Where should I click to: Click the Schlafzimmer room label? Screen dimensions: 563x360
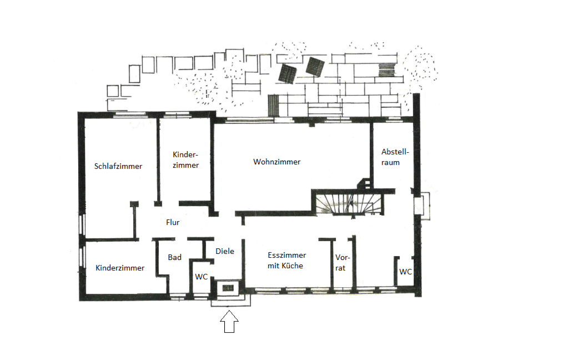118,166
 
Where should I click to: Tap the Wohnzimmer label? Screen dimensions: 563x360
277,162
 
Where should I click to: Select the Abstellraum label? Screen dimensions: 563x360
395,157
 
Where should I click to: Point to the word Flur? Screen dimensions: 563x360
173,222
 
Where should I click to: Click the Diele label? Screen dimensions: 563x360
225,251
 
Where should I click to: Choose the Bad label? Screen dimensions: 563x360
174,257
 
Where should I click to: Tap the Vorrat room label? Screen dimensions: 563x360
342,263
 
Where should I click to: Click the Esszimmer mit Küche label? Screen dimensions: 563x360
286,261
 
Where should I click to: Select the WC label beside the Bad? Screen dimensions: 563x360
202,277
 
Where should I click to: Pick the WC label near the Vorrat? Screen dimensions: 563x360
405,272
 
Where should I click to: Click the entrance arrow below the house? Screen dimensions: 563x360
229,322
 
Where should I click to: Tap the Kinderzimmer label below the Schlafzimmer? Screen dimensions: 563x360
120,268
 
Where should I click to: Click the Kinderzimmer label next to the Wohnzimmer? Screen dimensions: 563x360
185,160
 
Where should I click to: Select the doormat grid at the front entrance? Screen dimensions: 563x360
228,288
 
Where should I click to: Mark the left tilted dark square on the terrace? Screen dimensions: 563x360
288,73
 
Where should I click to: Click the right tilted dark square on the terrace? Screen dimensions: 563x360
315,67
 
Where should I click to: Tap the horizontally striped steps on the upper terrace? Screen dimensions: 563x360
387,69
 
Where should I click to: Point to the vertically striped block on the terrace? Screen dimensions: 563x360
274,105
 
